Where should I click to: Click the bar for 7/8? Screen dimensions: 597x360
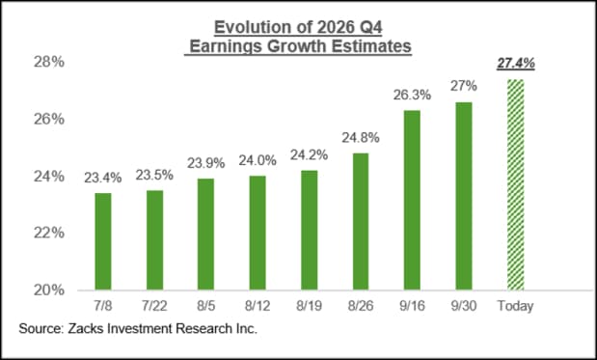[103, 241]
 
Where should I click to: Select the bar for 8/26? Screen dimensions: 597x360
[361, 222]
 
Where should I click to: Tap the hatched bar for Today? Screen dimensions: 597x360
[516, 184]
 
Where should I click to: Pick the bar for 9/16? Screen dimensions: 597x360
[412, 201]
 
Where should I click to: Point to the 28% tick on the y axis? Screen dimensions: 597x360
[49, 62]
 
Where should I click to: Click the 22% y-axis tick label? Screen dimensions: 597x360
[49, 233]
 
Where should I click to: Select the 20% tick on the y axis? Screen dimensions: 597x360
[49, 291]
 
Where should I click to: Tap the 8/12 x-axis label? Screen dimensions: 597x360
[258, 306]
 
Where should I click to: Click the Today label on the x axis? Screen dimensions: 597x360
[516, 306]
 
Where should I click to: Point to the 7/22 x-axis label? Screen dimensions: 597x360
[154, 306]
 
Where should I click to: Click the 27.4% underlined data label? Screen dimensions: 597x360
[516, 64]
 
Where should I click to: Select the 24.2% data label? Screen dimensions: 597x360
[310, 155]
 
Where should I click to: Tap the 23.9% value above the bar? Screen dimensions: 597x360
[206, 163]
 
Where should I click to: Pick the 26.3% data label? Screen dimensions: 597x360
[412, 95]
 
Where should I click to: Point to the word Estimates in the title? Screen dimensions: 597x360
[371, 46]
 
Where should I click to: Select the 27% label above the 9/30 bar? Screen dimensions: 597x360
[464, 86]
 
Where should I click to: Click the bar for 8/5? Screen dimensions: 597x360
[206, 235]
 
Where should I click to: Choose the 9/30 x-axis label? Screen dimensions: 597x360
[464, 306]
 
